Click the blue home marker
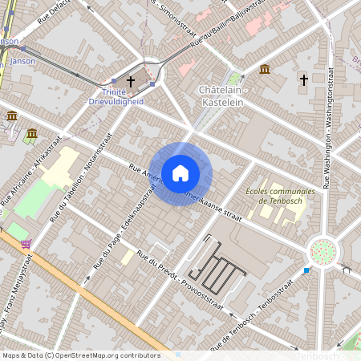tap(180, 173)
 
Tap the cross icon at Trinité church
tap(131, 82)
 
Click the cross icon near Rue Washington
tap(303, 79)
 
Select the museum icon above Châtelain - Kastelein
tap(265, 70)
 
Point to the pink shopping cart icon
tap(26, 243)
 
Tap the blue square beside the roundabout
tap(306, 270)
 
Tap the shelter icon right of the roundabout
tap(347, 270)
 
